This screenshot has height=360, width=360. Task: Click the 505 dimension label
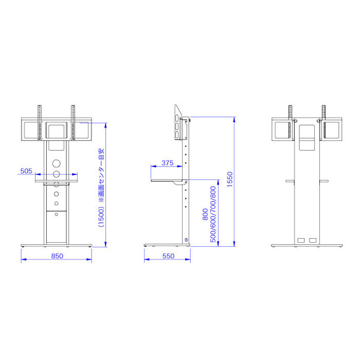point(26,171)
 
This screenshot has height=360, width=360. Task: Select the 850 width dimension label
point(57,256)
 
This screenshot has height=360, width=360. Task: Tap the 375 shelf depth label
point(167,163)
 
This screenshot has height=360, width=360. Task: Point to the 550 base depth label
point(168,256)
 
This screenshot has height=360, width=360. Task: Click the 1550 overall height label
point(230,179)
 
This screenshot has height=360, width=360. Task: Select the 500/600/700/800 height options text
point(213,214)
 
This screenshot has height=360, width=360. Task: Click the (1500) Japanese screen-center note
point(101,188)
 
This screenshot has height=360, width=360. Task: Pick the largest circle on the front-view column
point(56,164)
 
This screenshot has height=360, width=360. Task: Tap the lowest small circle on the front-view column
point(56,214)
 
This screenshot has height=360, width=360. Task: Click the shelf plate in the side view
point(169,181)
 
